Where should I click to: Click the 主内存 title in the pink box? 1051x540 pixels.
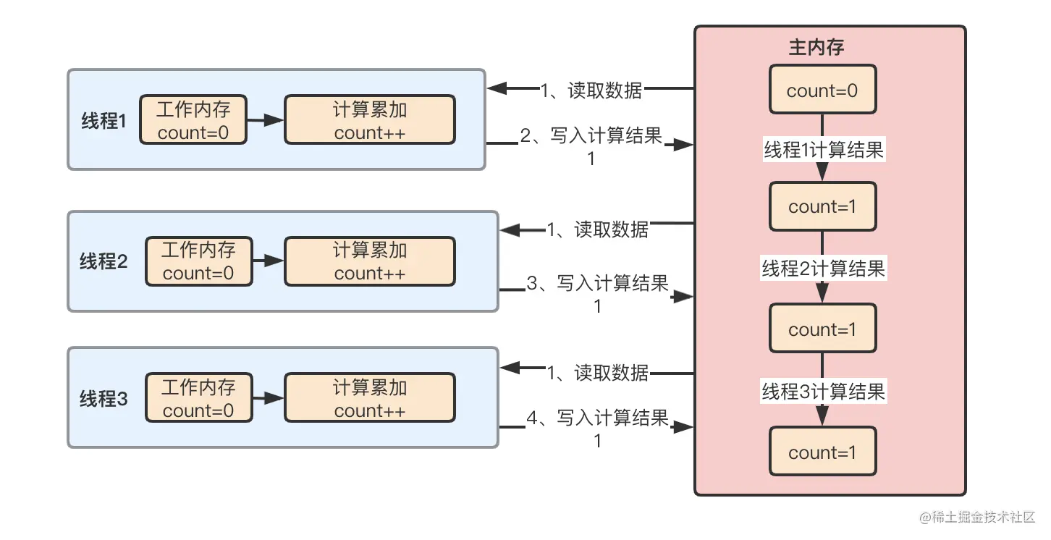pos(816,48)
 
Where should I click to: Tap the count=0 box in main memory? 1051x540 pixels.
pos(822,90)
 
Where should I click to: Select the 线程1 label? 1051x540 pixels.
pos(104,121)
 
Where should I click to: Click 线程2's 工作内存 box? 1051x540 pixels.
pos(199,261)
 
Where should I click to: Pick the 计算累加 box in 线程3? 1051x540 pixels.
pos(370,398)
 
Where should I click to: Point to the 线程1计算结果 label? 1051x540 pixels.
pos(824,151)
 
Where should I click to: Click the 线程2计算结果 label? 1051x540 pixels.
pos(824,269)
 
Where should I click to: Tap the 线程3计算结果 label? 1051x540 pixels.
pos(824,392)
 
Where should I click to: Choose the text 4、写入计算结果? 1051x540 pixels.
pos(598,419)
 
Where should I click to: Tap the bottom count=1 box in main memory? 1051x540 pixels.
pos(822,452)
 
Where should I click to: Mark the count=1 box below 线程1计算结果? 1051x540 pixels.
pos(822,206)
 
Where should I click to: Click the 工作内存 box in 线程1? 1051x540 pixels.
pos(193,120)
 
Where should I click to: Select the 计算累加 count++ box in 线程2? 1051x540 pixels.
pos(370,261)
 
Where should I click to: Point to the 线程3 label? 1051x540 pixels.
pos(104,398)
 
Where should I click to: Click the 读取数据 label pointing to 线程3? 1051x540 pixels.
pos(598,373)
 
